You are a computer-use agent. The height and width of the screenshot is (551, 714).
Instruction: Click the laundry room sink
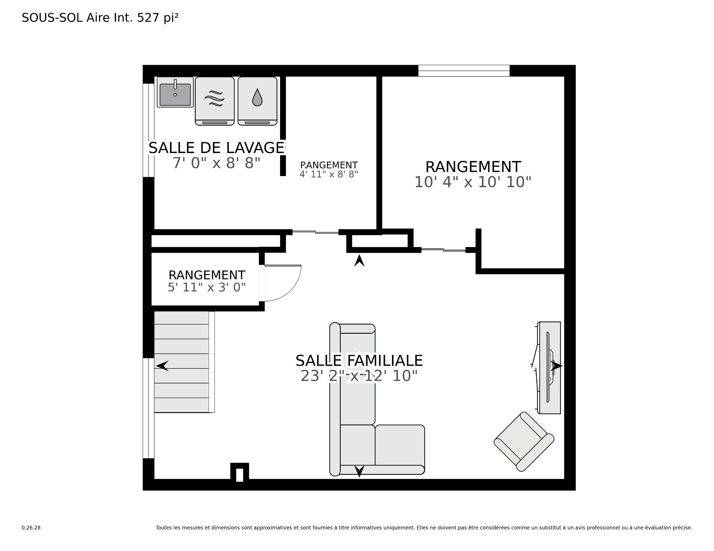point(175,92)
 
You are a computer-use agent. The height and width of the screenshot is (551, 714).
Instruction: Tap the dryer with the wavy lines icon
point(215,101)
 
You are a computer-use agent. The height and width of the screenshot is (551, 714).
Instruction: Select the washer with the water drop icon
point(257,101)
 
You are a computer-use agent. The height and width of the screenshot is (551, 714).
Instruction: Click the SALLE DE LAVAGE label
point(216,148)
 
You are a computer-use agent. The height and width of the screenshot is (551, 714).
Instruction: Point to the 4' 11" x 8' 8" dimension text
point(329,174)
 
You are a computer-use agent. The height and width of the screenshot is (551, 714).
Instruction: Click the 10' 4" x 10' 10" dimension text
point(473,182)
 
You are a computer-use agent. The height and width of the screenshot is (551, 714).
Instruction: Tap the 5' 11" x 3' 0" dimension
point(207,287)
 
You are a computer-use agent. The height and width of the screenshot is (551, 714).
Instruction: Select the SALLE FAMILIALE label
point(359,360)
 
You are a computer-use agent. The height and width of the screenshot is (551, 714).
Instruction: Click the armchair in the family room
point(524,441)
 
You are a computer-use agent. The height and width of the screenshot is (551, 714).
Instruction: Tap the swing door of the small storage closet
point(282,283)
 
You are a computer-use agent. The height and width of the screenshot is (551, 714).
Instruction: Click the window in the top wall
point(464,71)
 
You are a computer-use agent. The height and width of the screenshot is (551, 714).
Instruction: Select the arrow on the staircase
point(162,366)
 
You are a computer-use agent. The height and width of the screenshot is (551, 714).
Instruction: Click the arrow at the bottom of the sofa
point(359,471)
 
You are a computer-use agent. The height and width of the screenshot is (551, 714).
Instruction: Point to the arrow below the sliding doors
point(359,260)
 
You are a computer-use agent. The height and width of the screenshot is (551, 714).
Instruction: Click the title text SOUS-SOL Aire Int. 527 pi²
point(100,18)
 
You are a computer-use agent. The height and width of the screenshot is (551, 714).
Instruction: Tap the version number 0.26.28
point(31,528)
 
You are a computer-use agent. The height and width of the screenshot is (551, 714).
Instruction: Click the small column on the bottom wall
point(239,472)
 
